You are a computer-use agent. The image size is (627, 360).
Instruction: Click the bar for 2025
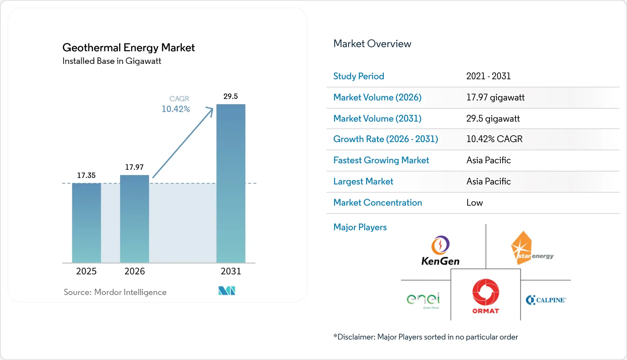(86, 223)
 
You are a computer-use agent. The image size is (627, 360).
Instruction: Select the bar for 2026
(135, 219)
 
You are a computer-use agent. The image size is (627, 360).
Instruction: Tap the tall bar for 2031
(231, 183)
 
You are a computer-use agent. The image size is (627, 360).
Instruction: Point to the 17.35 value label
(86, 175)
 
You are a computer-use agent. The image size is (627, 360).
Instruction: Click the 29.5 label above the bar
(231, 96)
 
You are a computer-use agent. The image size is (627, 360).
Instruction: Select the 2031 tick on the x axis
(231, 271)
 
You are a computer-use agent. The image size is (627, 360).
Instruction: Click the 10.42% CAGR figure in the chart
(176, 109)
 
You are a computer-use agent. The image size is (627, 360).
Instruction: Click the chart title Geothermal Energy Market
(128, 47)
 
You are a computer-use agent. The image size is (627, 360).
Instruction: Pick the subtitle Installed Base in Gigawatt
(112, 61)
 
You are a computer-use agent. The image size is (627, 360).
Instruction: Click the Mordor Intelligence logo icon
(227, 291)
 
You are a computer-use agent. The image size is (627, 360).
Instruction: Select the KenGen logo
(440, 251)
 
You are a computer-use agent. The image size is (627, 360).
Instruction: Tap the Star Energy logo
(532, 248)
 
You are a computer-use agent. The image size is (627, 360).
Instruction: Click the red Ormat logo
(486, 296)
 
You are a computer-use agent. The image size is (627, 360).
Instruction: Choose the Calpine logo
(546, 300)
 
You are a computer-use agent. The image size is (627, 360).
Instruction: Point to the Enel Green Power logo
(423, 300)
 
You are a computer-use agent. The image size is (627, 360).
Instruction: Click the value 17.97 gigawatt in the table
(495, 98)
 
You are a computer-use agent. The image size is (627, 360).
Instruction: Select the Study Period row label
(359, 76)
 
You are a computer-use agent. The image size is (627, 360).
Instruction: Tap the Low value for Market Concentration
(474, 203)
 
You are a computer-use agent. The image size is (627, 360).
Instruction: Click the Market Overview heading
(372, 44)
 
